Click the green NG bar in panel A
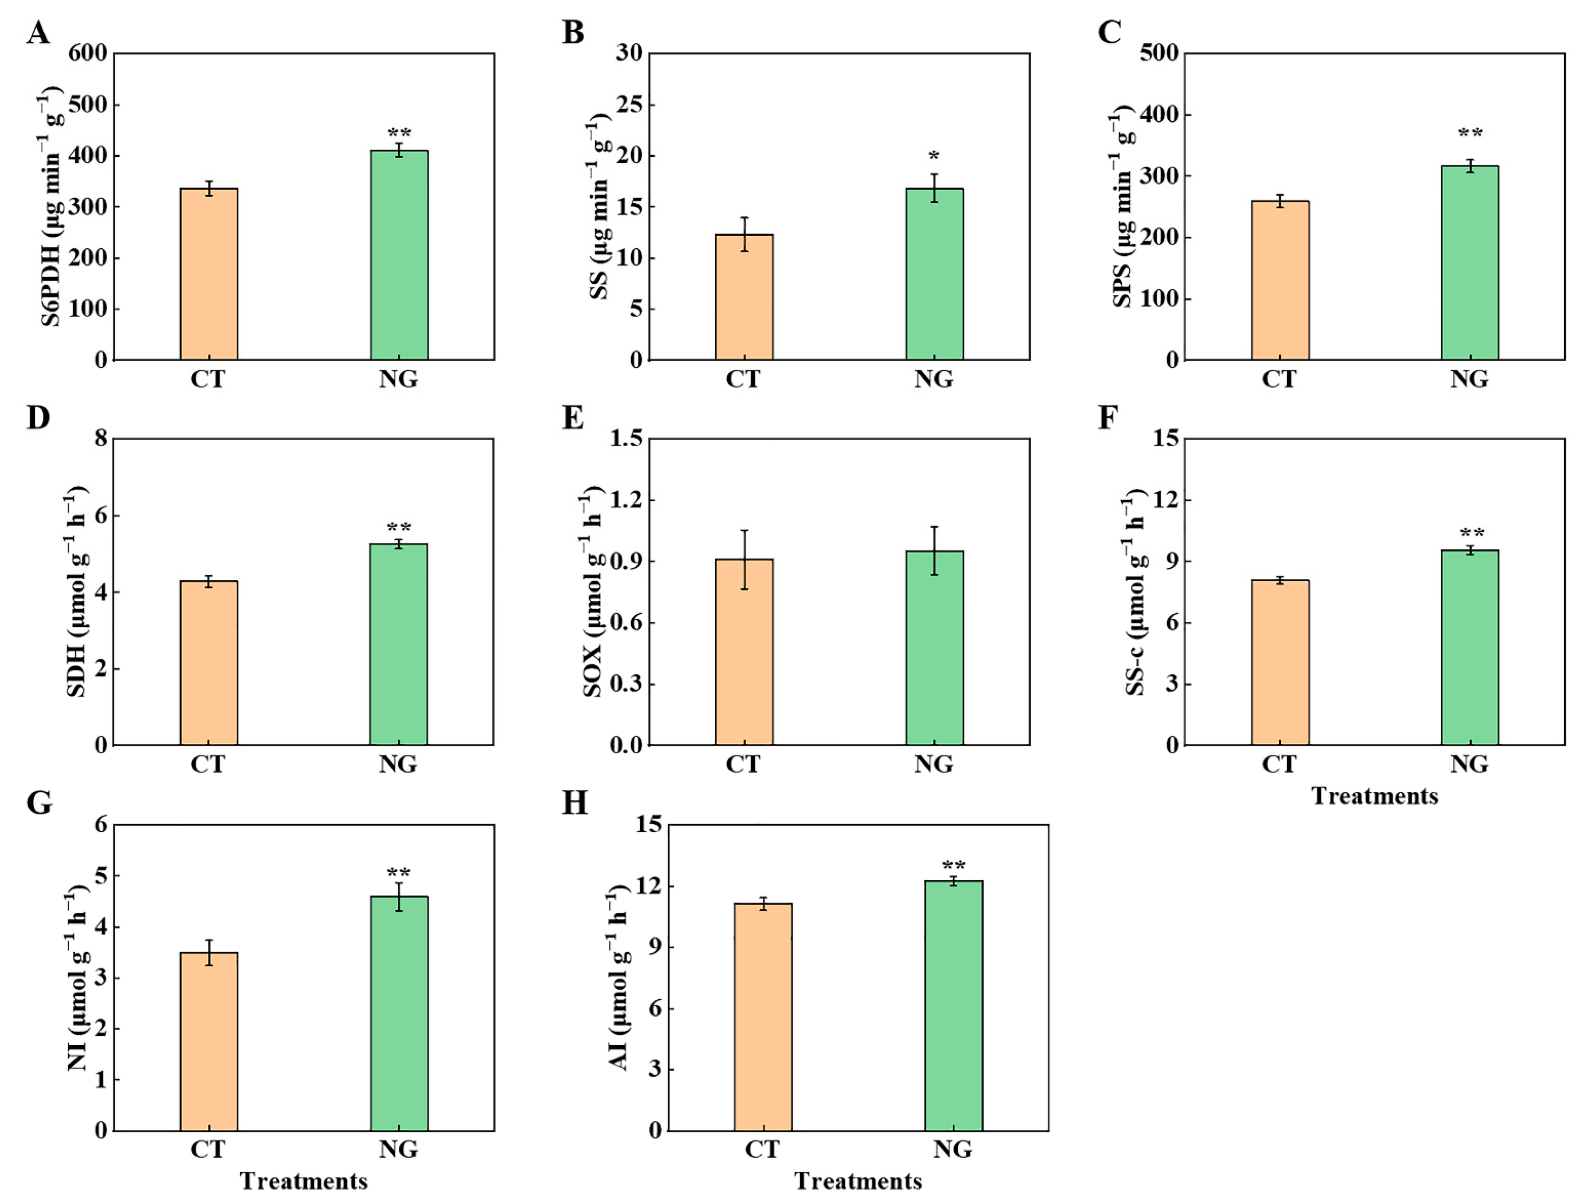399,255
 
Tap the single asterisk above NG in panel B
934,156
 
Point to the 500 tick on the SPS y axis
1159,54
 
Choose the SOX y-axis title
593,592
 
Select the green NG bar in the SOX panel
934,648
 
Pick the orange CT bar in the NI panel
209,1041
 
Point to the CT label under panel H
762,1150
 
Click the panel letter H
574,803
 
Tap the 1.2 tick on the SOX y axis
626,500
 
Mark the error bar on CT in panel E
745,560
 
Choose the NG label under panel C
1470,379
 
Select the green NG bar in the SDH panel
398,645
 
